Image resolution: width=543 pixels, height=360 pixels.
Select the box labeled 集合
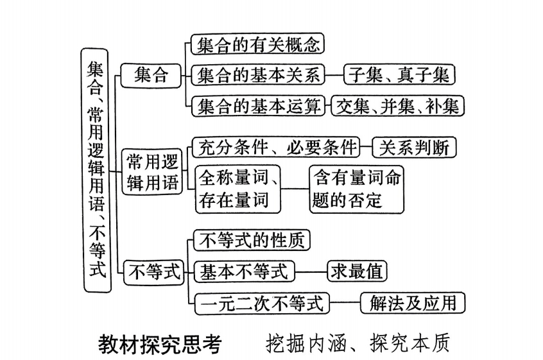click(x=151, y=75)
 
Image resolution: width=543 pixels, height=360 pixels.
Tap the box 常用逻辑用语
click(x=152, y=171)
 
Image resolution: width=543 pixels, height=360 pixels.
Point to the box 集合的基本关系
click(x=258, y=75)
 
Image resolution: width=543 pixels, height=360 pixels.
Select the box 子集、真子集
click(x=399, y=75)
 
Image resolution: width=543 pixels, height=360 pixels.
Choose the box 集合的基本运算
click(x=258, y=106)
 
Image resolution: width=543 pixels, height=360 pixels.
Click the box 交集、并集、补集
click(x=397, y=106)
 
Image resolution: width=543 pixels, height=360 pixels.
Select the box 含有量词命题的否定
click(x=357, y=189)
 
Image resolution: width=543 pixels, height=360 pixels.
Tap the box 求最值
click(x=357, y=271)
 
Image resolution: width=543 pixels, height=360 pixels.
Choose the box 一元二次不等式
click(x=262, y=302)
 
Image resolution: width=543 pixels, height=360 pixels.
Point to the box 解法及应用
click(x=413, y=302)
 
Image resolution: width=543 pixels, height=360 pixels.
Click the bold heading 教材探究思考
click(x=160, y=344)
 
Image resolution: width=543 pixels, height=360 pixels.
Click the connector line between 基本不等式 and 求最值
click(x=311, y=271)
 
